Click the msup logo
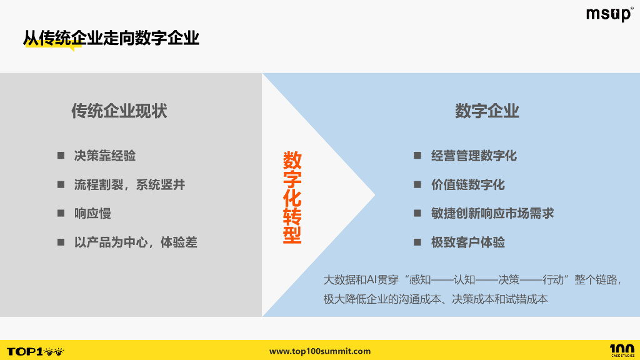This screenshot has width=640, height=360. pos(609,14)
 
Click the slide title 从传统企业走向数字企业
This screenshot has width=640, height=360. pos(111,38)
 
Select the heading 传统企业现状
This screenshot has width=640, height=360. pos(119,111)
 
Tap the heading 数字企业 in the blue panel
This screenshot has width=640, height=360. pos(487,111)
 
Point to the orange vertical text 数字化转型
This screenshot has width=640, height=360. pos(292,197)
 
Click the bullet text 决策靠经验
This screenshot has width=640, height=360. pos(105,156)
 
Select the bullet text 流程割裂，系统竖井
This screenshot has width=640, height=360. pos(129,184)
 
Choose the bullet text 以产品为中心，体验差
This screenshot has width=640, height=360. pos(136,242)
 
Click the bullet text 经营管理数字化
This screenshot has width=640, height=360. pos(474,156)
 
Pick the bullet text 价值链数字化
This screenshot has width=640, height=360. pos(467,184)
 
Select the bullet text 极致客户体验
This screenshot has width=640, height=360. pos(467,242)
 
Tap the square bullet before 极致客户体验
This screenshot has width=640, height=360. pos(417,242)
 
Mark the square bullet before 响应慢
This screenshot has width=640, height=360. pos(61,213)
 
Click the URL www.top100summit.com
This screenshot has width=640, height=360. pos(320,351)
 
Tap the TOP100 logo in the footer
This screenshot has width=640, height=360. pos(35,351)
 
